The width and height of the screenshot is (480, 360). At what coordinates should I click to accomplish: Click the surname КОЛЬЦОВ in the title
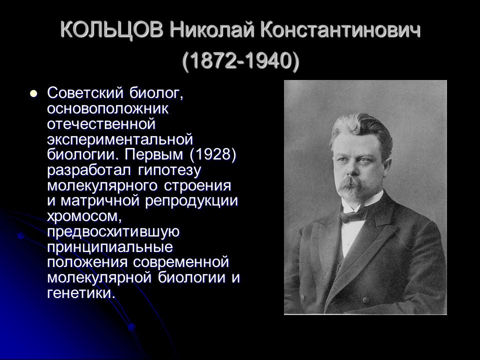point(111,31)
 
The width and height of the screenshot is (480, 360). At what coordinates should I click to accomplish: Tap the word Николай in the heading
point(211,31)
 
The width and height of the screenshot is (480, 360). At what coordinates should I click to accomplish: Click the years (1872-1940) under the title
point(240,61)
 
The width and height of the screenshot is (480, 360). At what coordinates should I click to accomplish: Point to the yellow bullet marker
point(33,93)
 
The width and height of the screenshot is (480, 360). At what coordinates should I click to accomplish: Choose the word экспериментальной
point(120,139)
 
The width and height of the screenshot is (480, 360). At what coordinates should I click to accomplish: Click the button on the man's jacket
point(366,300)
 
